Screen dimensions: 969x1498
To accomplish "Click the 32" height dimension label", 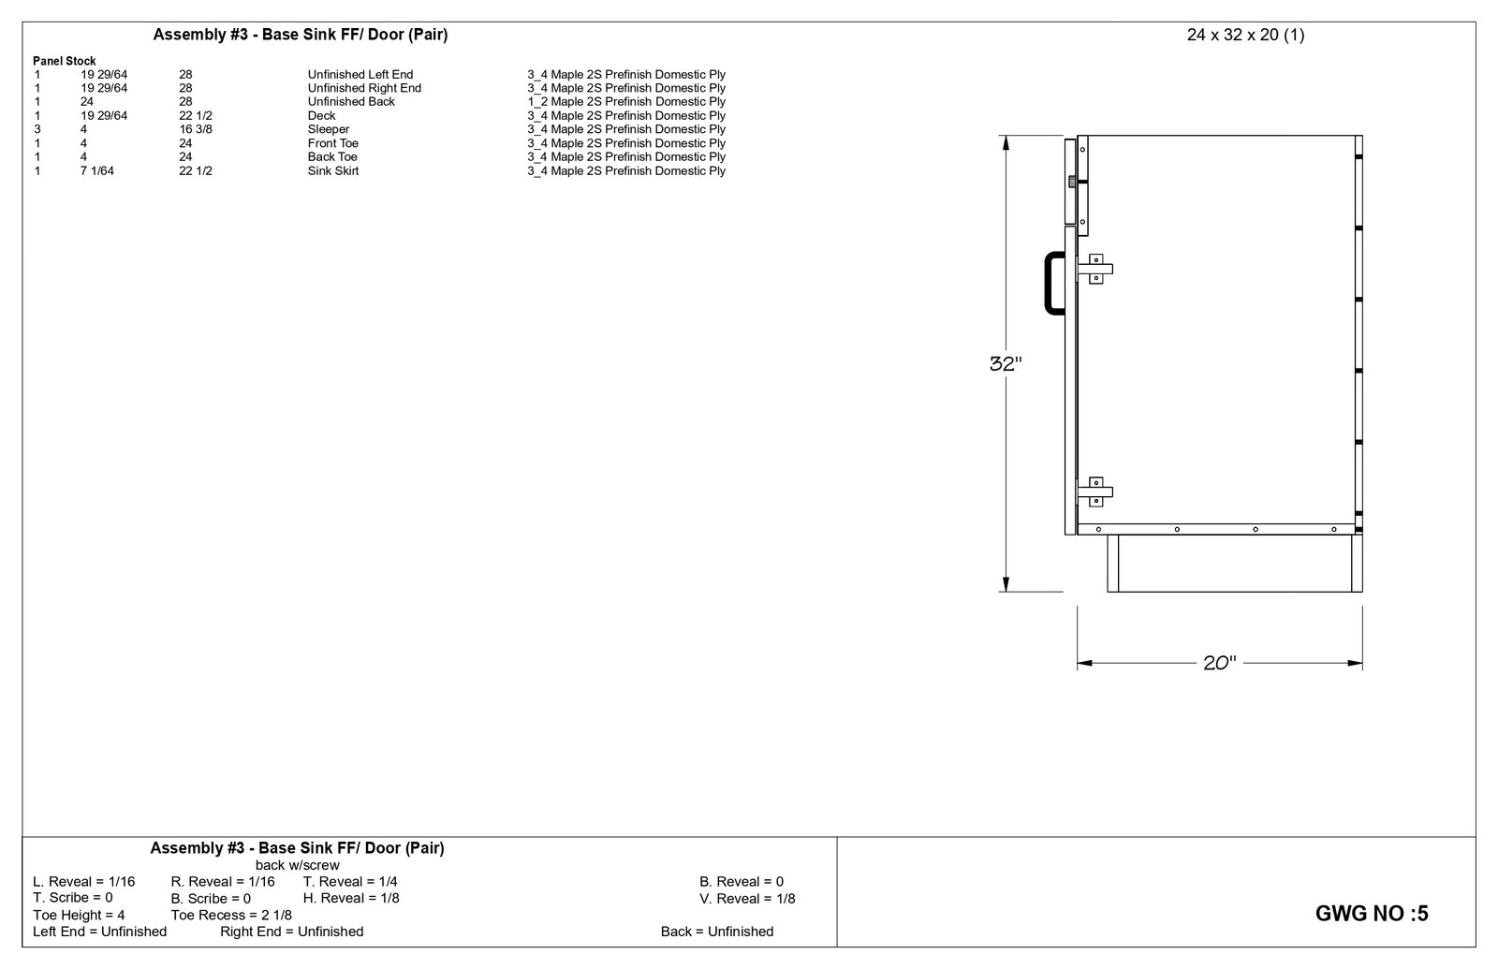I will (1005, 364).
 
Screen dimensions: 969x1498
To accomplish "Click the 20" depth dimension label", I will (1219, 663).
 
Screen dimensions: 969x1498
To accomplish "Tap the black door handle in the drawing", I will (1052, 282).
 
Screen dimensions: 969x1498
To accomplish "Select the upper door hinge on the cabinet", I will (1095, 270).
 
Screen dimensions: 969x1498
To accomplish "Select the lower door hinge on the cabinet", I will (1095, 492).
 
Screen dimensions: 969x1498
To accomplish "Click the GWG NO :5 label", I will (1372, 914).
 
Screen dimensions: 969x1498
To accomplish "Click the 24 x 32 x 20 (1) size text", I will (1245, 36).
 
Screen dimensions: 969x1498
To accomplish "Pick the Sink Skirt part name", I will (333, 170).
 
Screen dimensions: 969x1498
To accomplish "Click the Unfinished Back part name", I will (351, 101).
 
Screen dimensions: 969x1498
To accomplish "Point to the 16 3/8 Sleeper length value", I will (196, 129).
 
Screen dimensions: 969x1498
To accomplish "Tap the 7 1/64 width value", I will (97, 170).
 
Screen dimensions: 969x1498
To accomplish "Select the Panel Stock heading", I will (64, 61).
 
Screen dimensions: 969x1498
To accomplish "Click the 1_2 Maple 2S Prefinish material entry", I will (625, 101).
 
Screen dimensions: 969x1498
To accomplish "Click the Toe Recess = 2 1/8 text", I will (231, 915).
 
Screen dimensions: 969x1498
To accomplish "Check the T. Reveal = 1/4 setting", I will (350, 881).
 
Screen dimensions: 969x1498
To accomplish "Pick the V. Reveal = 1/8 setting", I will (747, 898).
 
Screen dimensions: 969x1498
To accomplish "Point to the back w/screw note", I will (298, 865).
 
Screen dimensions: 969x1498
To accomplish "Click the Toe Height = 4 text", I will (79, 915).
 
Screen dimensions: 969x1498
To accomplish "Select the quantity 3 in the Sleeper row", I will (37, 129).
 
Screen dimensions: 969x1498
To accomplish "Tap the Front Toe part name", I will (333, 143).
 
